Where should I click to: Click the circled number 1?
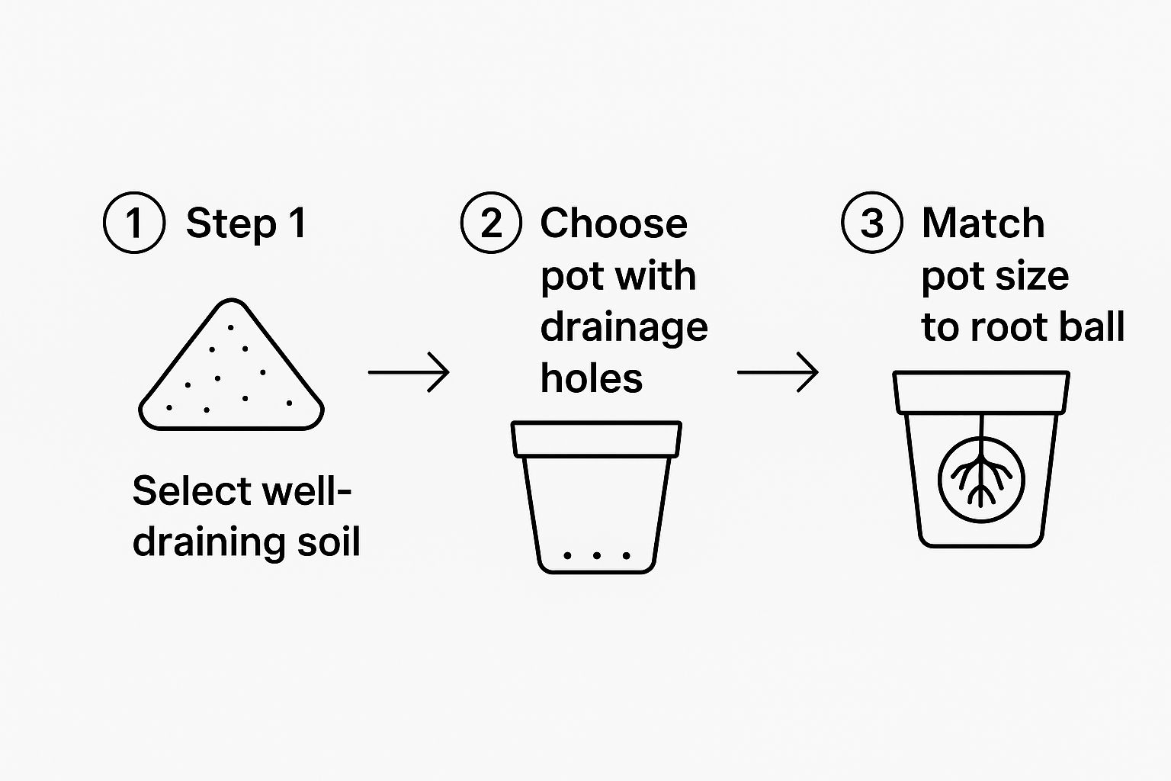[x=134, y=223]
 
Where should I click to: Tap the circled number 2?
[x=491, y=223]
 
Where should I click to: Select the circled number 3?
[x=872, y=223]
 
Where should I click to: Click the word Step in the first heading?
[x=231, y=224]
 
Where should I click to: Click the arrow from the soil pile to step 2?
[x=409, y=372]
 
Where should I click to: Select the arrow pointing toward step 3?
[x=778, y=372]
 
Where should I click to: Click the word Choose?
[x=614, y=223]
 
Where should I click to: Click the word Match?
[x=983, y=223]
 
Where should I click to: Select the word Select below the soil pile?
[x=193, y=490]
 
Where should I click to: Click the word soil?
[x=329, y=542]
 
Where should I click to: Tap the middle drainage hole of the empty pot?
[x=596, y=555]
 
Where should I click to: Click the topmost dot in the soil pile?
[x=230, y=328]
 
